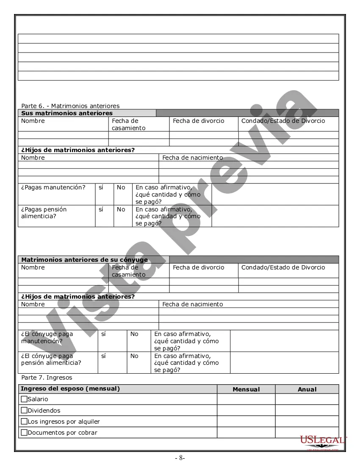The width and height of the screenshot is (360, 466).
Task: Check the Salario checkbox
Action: (24, 399)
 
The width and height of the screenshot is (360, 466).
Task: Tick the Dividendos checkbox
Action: (24, 410)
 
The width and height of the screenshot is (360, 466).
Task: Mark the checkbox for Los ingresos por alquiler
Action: (24, 422)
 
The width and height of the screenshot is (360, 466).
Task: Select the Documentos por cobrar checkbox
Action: (24, 433)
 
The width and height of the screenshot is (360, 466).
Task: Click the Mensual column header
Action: (246, 389)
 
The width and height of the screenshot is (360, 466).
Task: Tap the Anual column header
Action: (307, 389)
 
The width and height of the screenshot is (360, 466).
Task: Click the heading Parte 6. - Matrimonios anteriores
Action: (70, 106)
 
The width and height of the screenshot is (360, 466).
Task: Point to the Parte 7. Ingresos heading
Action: (47, 377)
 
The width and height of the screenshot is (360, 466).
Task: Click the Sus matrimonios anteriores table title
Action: (67, 113)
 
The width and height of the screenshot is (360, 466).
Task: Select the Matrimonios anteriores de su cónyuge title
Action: (84, 260)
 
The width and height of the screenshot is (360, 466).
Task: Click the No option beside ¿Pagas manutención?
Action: (121, 187)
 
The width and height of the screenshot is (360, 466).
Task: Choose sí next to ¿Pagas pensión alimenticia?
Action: (101, 209)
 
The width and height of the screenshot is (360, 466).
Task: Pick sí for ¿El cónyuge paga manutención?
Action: (104, 334)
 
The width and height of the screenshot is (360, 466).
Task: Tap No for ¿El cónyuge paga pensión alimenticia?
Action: (134, 356)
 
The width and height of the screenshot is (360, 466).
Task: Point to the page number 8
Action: (180, 458)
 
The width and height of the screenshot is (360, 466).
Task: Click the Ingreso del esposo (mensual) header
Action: (70, 389)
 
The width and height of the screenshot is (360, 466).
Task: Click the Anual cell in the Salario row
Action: (307, 399)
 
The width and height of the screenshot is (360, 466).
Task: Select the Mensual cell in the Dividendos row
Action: (246, 410)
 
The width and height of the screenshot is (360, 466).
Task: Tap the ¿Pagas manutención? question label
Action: (53, 187)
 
